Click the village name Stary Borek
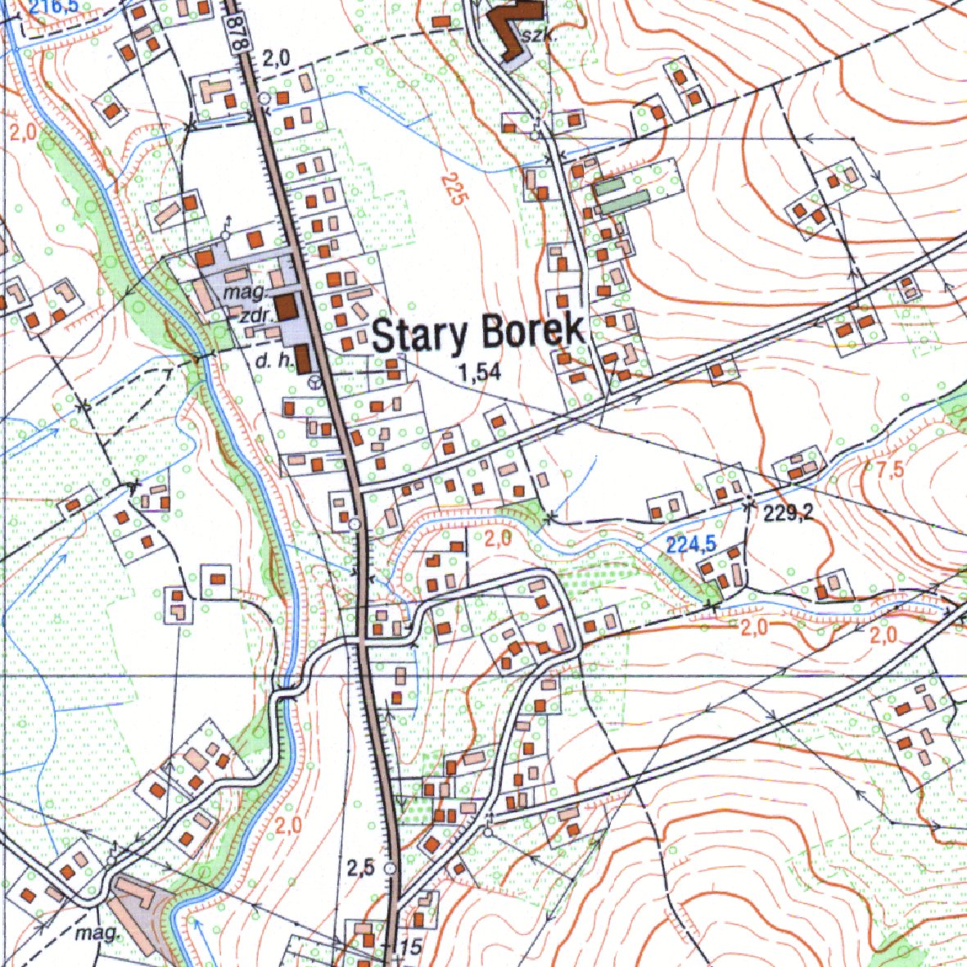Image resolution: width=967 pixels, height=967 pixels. [478, 333]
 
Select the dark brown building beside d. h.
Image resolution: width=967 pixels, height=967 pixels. [301, 359]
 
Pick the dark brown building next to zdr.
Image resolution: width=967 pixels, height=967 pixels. [285, 307]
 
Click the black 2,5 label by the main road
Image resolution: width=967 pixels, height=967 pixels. [360, 869]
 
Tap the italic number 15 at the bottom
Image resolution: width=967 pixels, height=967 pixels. [410, 948]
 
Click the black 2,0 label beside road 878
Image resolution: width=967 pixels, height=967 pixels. [276, 57]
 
